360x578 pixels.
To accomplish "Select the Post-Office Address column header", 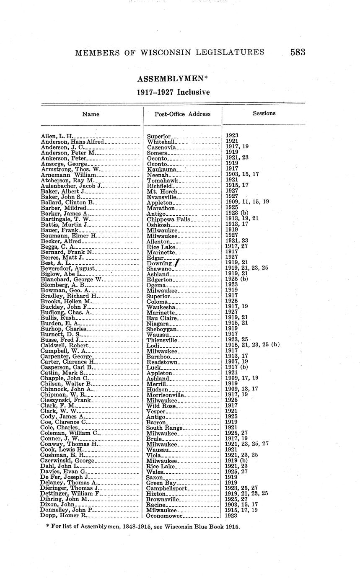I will [x=183, y=114].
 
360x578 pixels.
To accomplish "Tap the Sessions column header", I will [x=264, y=113].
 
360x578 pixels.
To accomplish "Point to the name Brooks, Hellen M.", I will [x=66, y=301].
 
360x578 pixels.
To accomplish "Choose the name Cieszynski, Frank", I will [x=66, y=400].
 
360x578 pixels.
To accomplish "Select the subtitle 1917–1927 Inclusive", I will [x=173, y=92].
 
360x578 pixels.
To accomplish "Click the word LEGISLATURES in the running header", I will [x=228, y=52].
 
